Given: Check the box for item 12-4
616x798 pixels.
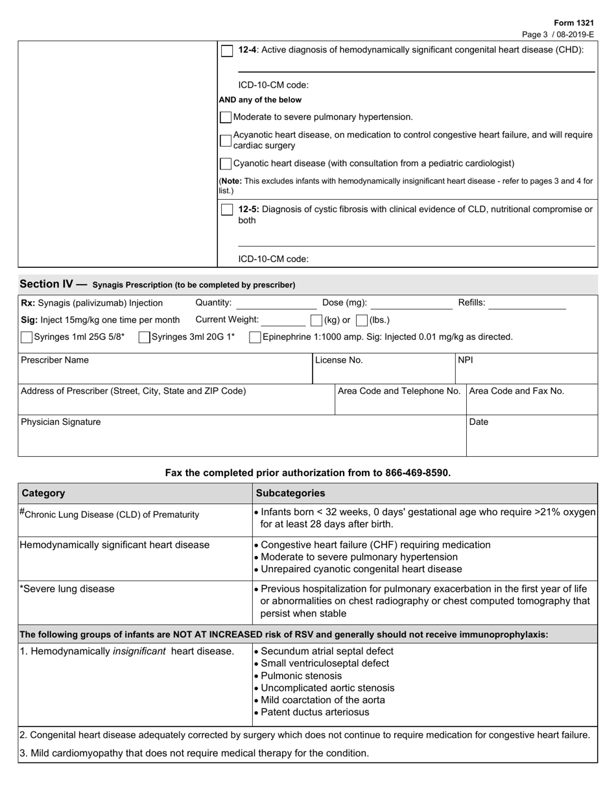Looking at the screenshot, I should (227, 51).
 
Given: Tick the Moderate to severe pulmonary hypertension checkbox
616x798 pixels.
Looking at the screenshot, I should (226, 117).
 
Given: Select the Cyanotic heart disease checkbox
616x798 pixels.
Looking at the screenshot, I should (226, 164).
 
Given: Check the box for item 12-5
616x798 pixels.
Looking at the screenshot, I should (227, 210).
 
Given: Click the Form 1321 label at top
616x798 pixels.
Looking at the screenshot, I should (575, 23).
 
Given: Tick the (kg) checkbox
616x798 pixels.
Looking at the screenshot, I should (316, 320).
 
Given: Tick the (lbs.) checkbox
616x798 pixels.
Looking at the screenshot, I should (362, 320).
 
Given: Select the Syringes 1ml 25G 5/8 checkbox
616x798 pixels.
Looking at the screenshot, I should (27, 337).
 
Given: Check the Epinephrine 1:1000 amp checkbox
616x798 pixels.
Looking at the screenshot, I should (255, 337).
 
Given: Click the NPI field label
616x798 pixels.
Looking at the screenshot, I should (466, 360).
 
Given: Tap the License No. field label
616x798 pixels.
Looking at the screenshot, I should (339, 360).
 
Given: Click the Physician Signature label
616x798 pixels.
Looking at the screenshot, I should (61, 422).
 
